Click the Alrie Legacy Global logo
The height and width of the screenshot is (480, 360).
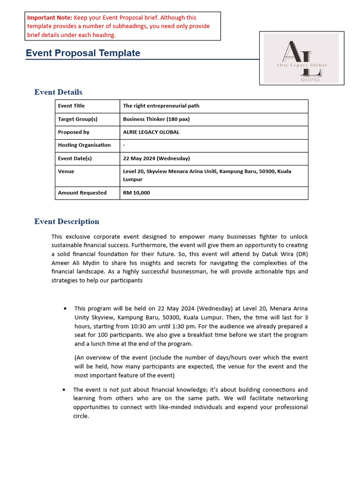301,59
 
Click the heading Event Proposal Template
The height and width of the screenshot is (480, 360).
83,53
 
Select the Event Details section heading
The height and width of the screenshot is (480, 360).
58,92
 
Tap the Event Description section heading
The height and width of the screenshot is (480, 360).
67,221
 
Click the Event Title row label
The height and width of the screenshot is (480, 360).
71,106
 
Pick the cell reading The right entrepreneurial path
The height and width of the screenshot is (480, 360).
161,106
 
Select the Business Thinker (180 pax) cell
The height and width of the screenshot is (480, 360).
156,119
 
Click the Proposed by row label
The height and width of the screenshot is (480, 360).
74,132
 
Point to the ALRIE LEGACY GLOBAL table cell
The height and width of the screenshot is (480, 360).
151,132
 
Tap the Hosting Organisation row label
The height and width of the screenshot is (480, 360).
84,145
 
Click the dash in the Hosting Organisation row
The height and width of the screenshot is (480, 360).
124,145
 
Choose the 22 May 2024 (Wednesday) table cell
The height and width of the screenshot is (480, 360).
156,158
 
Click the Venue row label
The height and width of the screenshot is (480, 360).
66,172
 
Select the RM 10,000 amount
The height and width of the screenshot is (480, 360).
136,193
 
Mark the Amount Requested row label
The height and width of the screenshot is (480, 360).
82,193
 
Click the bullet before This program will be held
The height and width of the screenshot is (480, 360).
65,308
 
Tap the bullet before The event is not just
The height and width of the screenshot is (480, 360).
64,390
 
